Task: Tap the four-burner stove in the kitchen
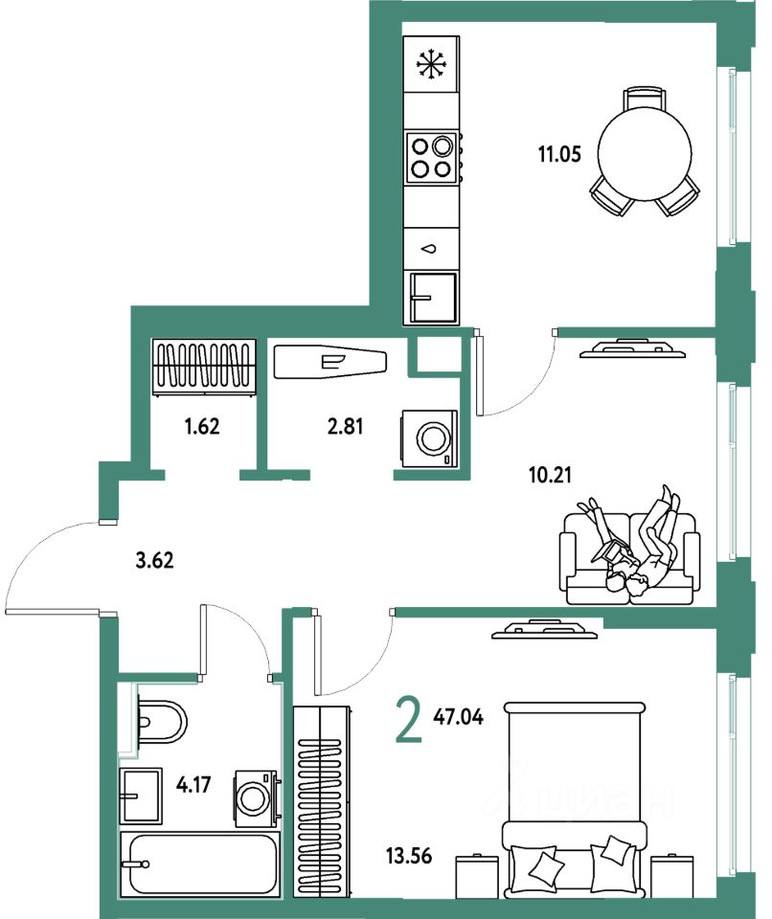430,158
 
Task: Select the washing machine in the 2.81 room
428,439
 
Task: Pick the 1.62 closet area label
202,426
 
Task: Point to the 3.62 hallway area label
154,561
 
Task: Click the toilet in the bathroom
160,721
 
